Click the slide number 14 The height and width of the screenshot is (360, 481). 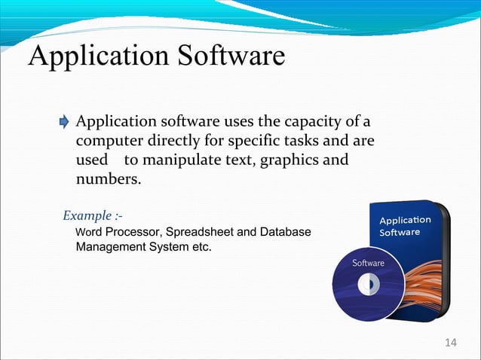(451, 343)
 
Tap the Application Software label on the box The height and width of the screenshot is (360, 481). (404, 226)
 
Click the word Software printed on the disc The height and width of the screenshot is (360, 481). (369, 264)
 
